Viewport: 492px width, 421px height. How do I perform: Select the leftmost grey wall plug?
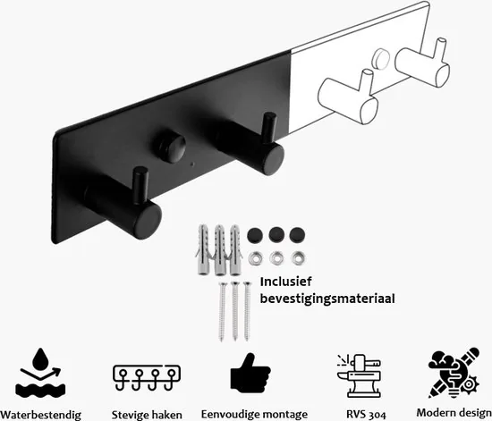click(202, 250)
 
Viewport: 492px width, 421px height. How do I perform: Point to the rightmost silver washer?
click(295, 258)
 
